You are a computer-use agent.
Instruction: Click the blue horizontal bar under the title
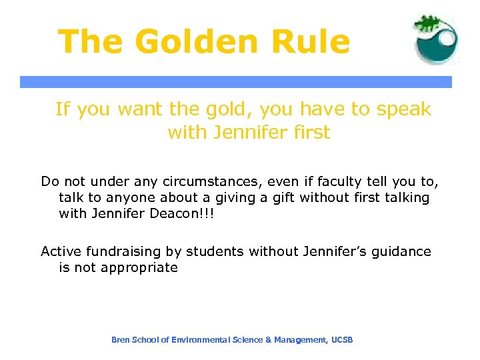pos(235,82)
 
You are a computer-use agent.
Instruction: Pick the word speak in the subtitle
pos(404,109)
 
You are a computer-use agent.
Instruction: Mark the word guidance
pos(398,252)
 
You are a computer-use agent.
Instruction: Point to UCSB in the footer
pos(342,340)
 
